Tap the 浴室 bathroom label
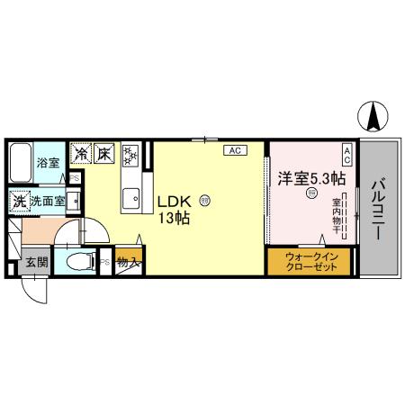(x=47, y=164)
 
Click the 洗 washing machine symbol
(x=19, y=202)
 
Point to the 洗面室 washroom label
(x=47, y=202)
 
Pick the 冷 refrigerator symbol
(x=80, y=154)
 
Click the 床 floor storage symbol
(x=104, y=154)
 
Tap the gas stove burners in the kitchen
(x=130, y=155)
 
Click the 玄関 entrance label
(x=36, y=263)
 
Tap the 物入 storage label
(x=127, y=264)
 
